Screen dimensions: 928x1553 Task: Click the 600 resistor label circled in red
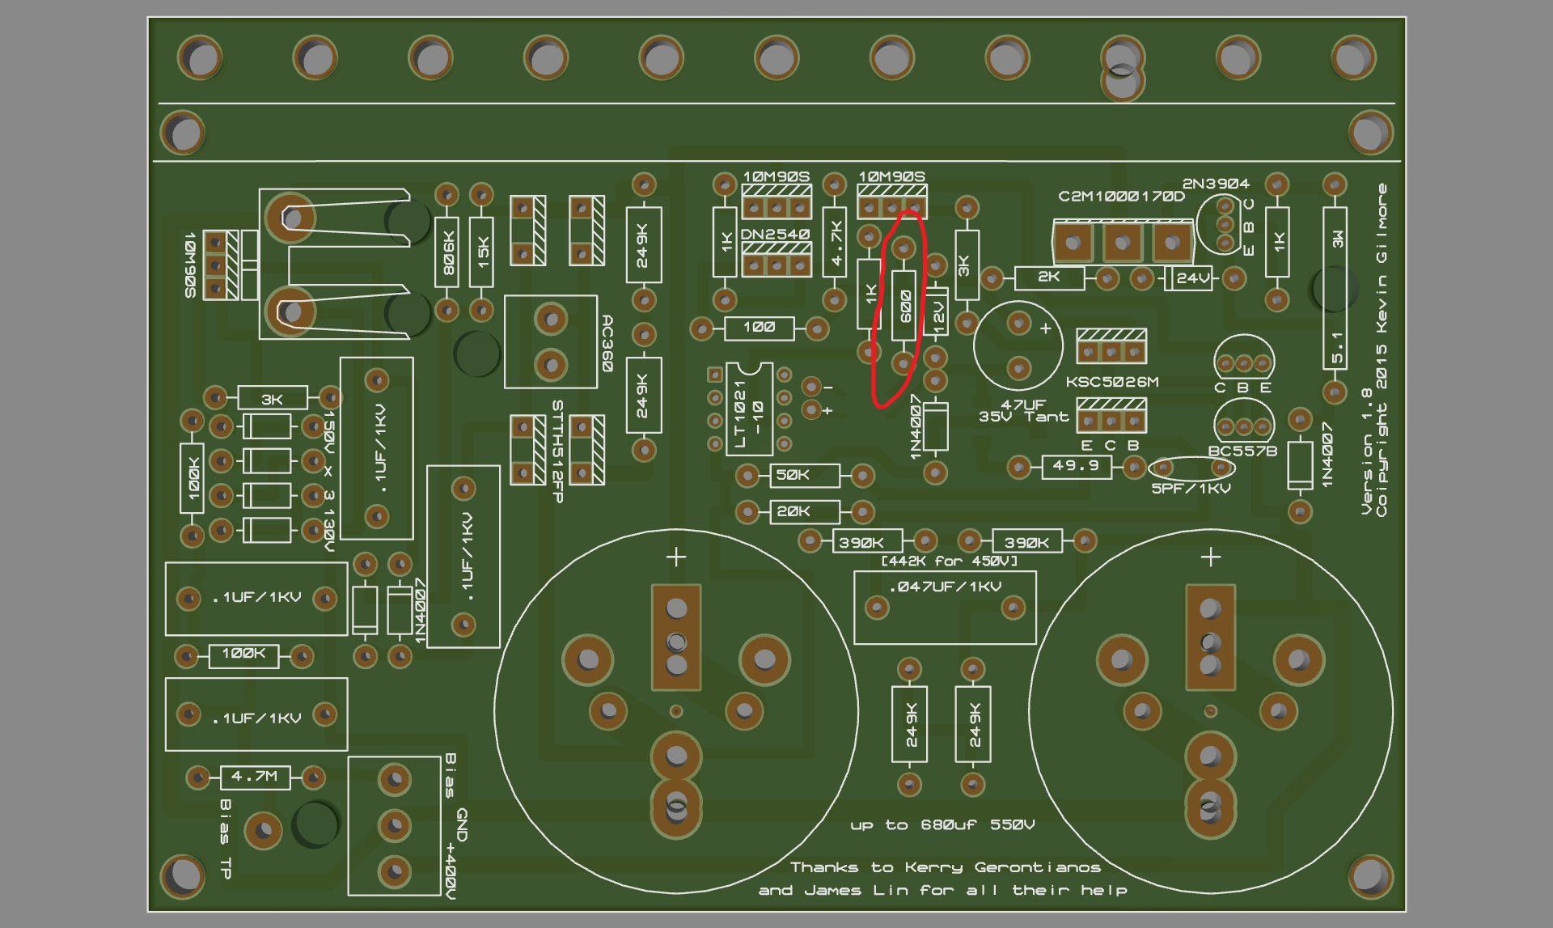[905, 305]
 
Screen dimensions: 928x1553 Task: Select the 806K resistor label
[447, 252]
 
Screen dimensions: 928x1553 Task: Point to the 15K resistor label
[482, 252]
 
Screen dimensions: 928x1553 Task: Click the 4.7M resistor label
[254, 777]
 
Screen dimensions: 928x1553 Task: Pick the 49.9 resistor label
[1076, 466]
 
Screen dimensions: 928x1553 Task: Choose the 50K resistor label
[792, 475]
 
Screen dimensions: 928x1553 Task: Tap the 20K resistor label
[793, 511]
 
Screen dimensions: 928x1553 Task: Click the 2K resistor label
[1048, 277]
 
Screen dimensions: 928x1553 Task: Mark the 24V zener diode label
[1193, 278]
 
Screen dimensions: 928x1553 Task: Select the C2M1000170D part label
[1121, 197]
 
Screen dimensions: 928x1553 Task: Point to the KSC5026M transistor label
[1111, 382]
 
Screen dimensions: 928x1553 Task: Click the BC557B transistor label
[1242, 451]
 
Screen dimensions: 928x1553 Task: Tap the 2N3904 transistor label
[1215, 184]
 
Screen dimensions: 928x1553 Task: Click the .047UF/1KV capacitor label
[945, 587]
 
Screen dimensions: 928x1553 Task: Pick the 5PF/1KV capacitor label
[1191, 489]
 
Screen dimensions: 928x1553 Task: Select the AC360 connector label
[607, 343]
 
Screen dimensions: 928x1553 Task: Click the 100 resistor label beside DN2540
[759, 327]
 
